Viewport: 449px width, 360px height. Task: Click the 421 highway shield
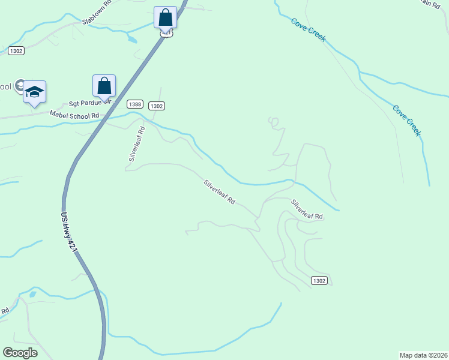coord(167,34)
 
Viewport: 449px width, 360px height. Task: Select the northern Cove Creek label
coord(309,29)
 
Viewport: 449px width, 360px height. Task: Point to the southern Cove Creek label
coord(405,121)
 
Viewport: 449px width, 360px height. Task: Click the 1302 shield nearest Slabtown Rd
coord(16,51)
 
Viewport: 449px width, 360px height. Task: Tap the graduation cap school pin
coord(34,91)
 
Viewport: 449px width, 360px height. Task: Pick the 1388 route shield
coord(135,104)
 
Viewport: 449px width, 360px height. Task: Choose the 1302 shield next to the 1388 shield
coord(156,106)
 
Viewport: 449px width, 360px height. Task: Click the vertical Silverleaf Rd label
coord(137,142)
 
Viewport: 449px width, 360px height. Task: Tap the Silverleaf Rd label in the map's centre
coord(218,192)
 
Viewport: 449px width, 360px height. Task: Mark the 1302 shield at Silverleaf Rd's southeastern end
coord(319,281)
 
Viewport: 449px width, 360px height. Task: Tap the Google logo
coord(20,353)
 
